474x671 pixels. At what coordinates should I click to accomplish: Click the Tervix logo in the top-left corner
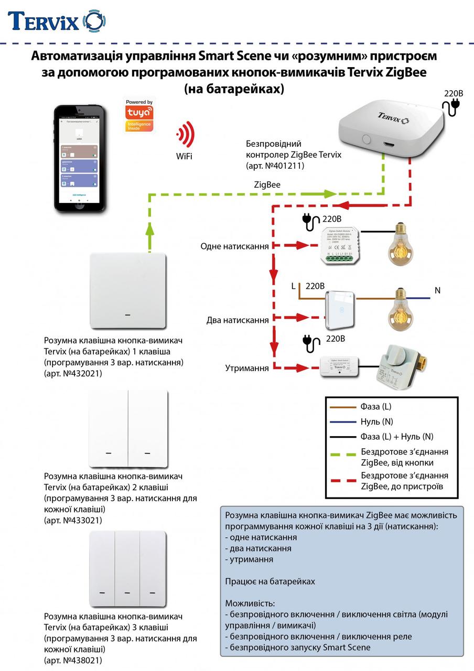57,21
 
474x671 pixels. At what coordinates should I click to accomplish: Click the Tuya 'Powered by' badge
139,114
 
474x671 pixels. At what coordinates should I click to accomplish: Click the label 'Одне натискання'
234,246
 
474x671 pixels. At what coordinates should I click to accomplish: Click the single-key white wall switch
128,291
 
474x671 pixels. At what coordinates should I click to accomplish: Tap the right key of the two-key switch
148,428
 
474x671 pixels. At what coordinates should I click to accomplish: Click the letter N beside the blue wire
437,290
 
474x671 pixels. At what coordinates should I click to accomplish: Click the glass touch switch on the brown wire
340,308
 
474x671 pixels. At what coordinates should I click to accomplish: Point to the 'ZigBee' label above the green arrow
267,185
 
